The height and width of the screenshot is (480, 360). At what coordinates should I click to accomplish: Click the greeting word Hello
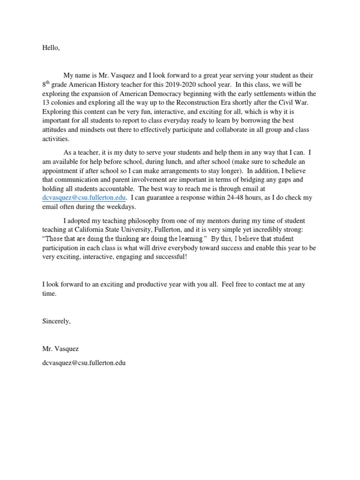click(51, 48)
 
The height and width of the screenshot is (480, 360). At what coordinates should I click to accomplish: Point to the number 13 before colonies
click(46, 103)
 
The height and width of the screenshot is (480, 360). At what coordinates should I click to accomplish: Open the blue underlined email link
click(84, 198)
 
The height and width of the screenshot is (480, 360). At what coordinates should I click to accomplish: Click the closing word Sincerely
click(56, 321)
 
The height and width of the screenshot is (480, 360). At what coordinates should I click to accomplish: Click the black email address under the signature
click(84, 362)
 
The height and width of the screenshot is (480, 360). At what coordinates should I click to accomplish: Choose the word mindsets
click(94, 129)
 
